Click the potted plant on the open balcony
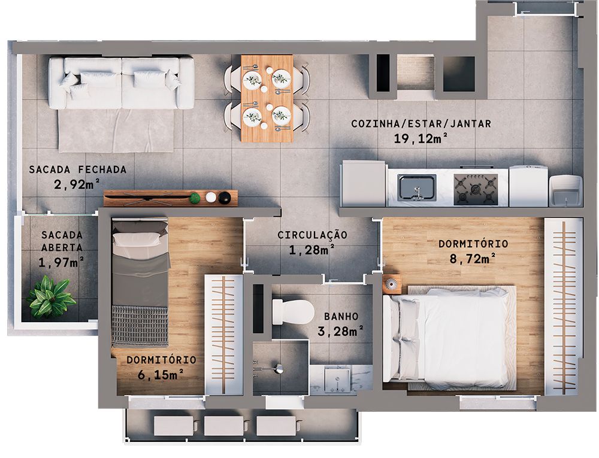50,296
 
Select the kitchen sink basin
418,186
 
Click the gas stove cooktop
476,187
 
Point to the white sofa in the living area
121,83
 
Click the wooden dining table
267,98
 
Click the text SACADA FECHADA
78,169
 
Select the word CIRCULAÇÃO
312,235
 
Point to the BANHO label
341,316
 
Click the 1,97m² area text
61,261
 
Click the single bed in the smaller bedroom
140,281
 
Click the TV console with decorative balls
171,198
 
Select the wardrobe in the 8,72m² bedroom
563,306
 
